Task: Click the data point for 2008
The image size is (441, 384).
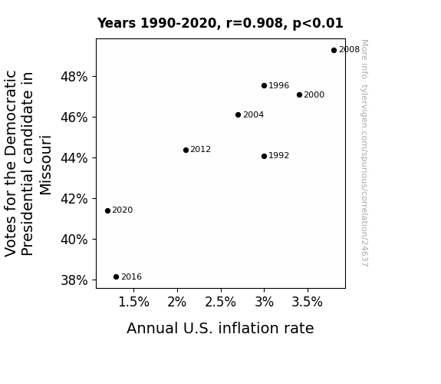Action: (334, 51)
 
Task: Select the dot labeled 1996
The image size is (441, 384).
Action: (264, 86)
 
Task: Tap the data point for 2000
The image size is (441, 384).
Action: (300, 95)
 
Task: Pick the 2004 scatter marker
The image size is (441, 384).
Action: (239, 114)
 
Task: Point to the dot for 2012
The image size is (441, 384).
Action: (186, 151)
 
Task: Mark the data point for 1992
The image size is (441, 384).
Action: (264, 157)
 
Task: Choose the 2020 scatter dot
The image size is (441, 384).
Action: (107, 210)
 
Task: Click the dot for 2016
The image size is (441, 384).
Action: (116, 277)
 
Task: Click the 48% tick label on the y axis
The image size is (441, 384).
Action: (74, 77)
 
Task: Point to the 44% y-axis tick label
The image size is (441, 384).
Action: (74, 158)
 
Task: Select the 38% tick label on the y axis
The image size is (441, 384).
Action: (74, 280)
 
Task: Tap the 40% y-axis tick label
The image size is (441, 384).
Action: (74, 240)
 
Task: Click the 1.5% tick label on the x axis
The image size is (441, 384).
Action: (134, 303)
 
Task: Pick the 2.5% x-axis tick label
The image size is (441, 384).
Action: (221, 303)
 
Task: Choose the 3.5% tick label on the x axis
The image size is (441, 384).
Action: (307, 303)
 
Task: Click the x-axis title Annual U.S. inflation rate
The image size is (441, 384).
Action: (220, 328)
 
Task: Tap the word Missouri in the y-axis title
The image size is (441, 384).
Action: (45, 165)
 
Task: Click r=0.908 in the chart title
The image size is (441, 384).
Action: (255, 23)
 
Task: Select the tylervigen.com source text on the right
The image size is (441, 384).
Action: (364, 153)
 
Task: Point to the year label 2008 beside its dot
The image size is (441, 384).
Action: (349, 50)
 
